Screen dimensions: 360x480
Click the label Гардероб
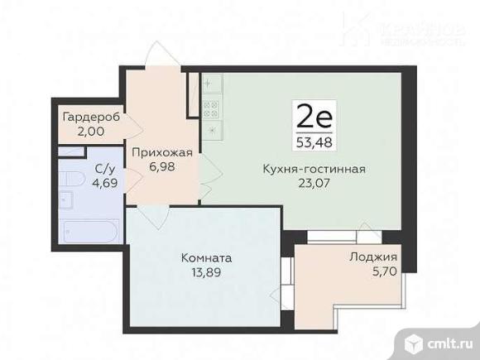point(91,118)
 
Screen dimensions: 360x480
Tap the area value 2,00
point(91,130)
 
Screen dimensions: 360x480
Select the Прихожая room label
point(164,152)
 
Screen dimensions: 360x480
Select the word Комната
point(206,258)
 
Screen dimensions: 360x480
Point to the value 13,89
point(206,271)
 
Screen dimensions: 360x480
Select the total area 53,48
point(314,138)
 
